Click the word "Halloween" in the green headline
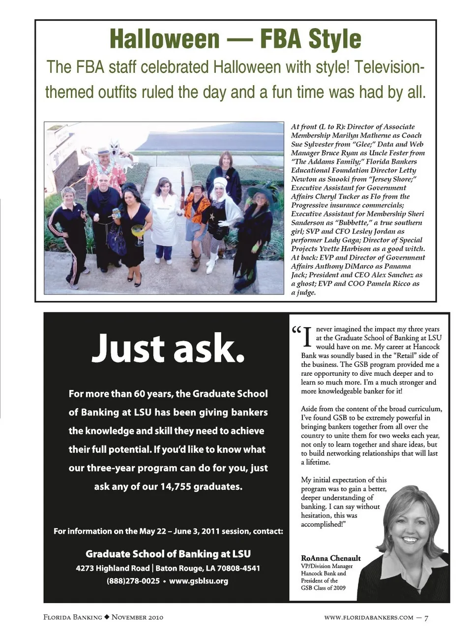[164, 39]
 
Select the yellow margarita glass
[138, 231]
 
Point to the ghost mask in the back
[115, 148]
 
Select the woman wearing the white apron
[164, 216]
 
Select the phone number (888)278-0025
[133, 581]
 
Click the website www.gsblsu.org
[199, 581]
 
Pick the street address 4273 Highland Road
[113, 568]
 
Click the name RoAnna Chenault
[330, 558]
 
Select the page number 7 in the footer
[426, 617]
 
